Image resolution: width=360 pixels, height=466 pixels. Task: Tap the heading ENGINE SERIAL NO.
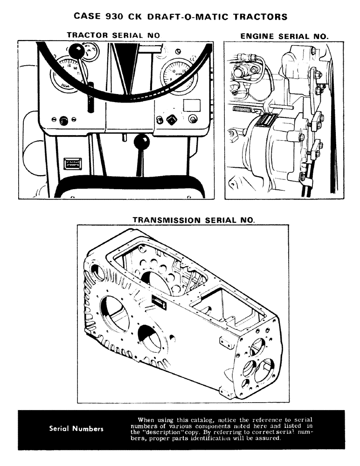284,35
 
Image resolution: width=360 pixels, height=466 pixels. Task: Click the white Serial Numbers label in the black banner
76,429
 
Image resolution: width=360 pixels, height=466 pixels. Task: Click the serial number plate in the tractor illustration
73,164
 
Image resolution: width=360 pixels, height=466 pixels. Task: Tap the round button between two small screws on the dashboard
64,121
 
